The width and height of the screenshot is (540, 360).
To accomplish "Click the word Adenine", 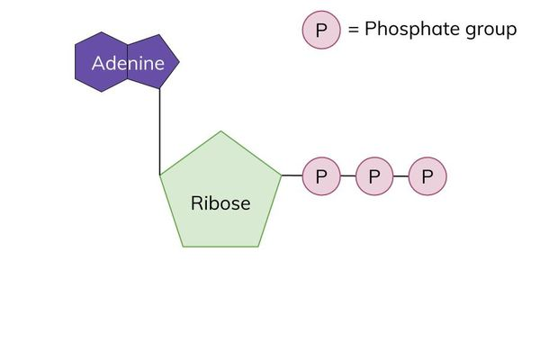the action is [x=128, y=63].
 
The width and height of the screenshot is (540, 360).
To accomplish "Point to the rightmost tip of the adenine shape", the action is [x=179, y=62].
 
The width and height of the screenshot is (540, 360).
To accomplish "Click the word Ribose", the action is [x=220, y=202].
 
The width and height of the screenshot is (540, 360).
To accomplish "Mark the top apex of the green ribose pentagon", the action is [x=220, y=131].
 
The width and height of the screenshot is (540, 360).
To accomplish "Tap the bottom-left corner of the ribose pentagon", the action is [x=184, y=246].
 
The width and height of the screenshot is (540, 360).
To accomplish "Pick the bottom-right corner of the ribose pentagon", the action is [x=258, y=246].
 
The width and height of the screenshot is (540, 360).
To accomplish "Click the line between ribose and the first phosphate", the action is [x=292, y=175].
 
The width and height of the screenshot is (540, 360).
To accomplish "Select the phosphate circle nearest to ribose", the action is [x=321, y=176].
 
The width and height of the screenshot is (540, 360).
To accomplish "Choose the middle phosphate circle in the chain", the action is [x=374, y=176].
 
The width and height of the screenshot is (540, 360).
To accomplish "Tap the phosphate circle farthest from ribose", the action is [x=427, y=176].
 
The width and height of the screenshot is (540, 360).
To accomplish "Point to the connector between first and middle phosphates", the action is [x=348, y=176].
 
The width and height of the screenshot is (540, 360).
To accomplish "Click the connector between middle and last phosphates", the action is [x=401, y=176].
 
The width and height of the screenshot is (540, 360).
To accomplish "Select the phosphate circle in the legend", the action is [x=321, y=30].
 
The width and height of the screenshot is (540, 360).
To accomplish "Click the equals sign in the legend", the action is [x=353, y=30].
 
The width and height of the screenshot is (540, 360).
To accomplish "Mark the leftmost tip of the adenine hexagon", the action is [x=75, y=62].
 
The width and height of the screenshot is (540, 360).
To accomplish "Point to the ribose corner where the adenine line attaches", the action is [x=160, y=175].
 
